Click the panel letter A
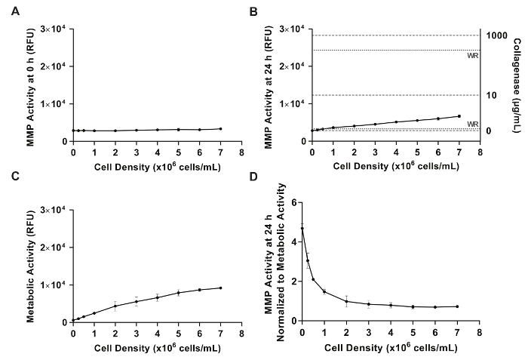pyautogui.click(x=8, y=11)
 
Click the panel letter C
pyautogui.click(x=8, y=197)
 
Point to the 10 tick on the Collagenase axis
pyautogui.click(x=490, y=95)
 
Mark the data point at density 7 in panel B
pyautogui.click(x=459, y=116)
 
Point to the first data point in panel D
pyautogui.click(x=302, y=228)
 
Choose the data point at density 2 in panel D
pyautogui.click(x=345, y=301)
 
